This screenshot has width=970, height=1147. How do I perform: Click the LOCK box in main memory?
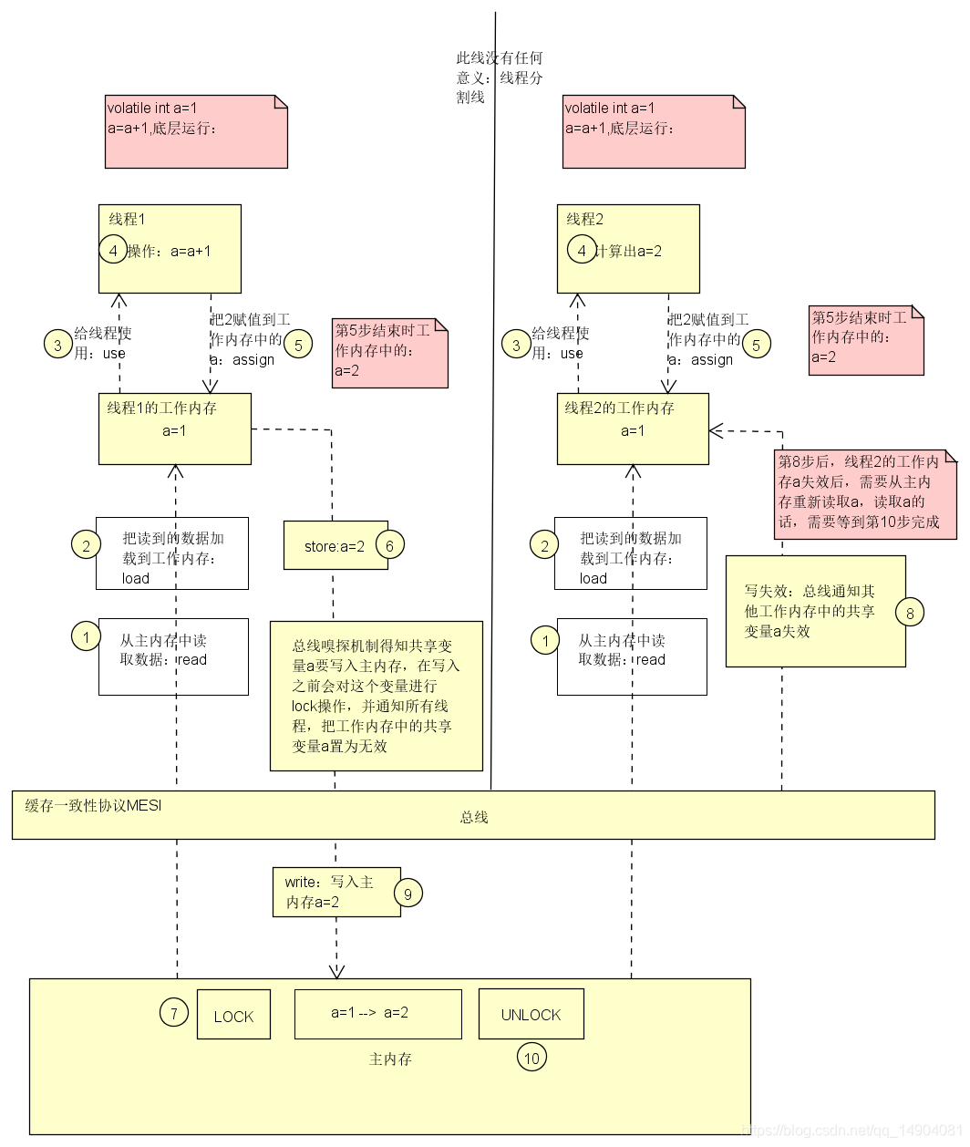(x=233, y=1014)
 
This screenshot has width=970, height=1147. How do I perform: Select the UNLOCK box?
(x=531, y=1013)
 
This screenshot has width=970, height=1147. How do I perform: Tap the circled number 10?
(x=531, y=1058)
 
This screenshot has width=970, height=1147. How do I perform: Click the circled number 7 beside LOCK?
(x=173, y=1012)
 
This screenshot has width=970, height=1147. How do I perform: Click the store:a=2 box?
(x=335, y=545)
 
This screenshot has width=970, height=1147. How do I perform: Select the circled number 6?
(x=389, y=545)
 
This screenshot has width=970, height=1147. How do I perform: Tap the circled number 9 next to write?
(x=408, y=894)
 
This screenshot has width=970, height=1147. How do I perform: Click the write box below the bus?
(x=335, y=892)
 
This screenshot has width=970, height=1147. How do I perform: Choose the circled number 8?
(x=909, y=613)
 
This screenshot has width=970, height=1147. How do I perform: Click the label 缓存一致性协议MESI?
(x=93, y=805)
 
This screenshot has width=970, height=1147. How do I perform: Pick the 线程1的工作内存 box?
(x=174, y=429)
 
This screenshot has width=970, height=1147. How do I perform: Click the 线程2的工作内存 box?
(x=632, y=429)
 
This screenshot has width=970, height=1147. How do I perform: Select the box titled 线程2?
(x=628, y=248)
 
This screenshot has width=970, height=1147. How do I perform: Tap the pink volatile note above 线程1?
(x=196, y=131)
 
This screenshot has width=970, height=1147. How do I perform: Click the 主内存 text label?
(x=390, y=1059)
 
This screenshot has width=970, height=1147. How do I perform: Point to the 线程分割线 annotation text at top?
(x=500, y=77)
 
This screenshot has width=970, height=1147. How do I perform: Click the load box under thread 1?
(x=173, y=553)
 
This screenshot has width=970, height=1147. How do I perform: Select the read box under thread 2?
(x=632, y=656)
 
